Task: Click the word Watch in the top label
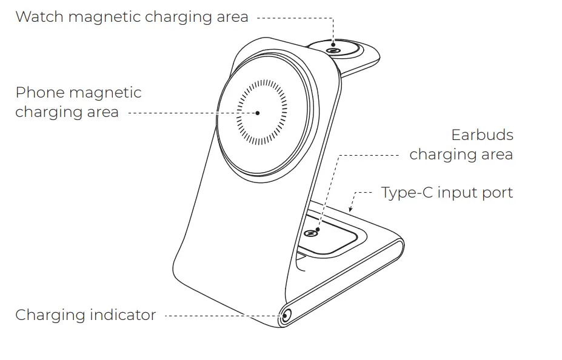39,17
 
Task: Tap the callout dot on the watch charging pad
333,45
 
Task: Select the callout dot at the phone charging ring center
257,113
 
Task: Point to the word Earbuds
482,135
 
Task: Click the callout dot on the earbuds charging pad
318,229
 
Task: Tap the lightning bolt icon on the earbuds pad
311,234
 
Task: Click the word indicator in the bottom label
122,315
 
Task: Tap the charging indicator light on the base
285,316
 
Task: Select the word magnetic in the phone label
105,93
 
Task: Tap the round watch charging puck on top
334,48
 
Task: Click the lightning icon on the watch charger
333,51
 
